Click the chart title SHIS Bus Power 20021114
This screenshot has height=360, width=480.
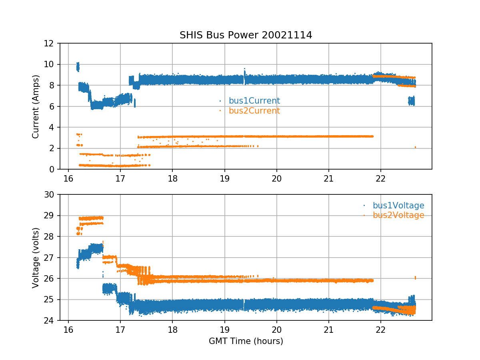point(246,35)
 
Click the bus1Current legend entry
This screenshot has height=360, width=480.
point(254,101)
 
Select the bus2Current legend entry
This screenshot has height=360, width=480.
point(254,111)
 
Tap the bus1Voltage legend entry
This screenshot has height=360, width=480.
point(398,206)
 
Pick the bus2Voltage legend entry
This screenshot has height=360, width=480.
point(398,215)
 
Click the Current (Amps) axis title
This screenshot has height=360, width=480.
point(36,106)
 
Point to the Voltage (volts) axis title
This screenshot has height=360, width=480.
point(36,258)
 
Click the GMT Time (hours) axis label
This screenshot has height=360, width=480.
point(246,341)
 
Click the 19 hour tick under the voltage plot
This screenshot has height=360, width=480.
point(224,329)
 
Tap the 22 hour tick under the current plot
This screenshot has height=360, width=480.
point(381,178)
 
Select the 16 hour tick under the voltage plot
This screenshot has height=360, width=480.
point(68,329)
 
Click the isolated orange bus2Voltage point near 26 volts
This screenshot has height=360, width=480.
point(415,278)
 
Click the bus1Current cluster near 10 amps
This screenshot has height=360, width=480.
point(78,67)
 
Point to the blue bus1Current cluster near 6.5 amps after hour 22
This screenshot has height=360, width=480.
point(411,101)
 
